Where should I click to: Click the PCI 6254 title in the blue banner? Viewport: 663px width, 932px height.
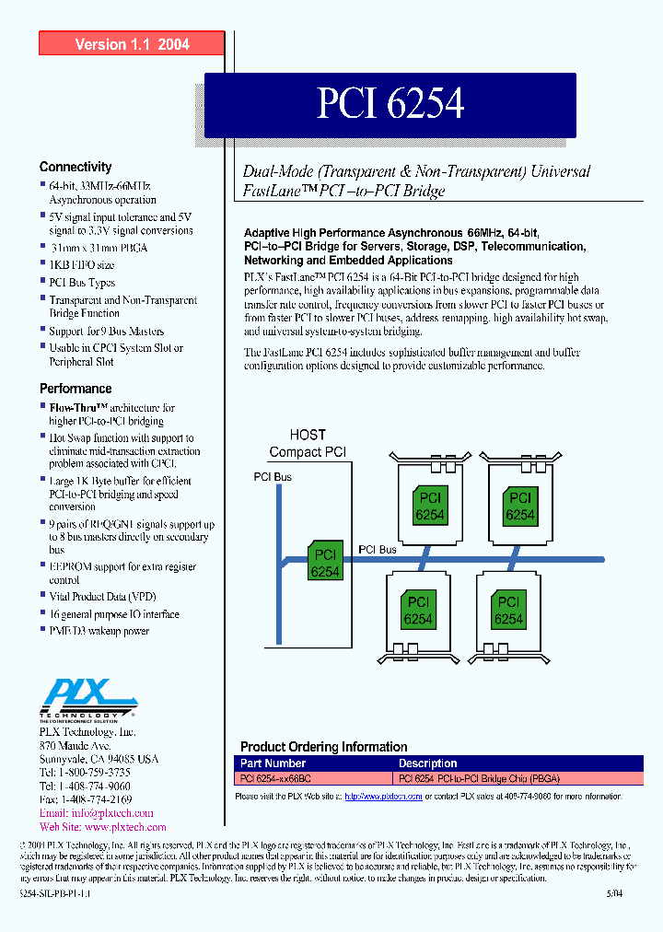click(390, 104)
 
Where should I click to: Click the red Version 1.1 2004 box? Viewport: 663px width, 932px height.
click(132, 44)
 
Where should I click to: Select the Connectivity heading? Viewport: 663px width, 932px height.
click(76, 167)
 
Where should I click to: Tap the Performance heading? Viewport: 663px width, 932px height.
click(76, 389)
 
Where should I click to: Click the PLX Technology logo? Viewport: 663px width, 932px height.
click(87, 698)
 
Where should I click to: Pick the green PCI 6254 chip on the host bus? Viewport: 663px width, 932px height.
click(325, 564)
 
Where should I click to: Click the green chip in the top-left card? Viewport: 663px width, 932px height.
click(429, 507)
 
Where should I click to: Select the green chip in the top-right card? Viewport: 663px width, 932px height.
click(519, 507)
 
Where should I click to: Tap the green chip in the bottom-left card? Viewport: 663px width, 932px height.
click(417, 611)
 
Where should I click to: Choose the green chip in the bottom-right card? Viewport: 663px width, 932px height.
click(507, 611)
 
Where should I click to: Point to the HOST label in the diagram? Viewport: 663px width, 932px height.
click(308, 435)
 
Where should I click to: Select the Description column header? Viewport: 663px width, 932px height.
click(427, 763)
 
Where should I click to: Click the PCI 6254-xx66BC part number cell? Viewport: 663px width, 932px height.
click(273, 777)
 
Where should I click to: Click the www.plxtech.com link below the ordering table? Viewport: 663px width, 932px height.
click(383, 796)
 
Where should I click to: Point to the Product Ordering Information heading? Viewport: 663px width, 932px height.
click(323, 747)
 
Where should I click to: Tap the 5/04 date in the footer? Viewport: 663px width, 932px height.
click(614, 893)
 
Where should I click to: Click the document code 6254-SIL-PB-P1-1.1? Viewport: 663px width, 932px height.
click(55, 893)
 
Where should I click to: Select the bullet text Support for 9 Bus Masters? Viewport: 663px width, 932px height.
click(107, 331)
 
